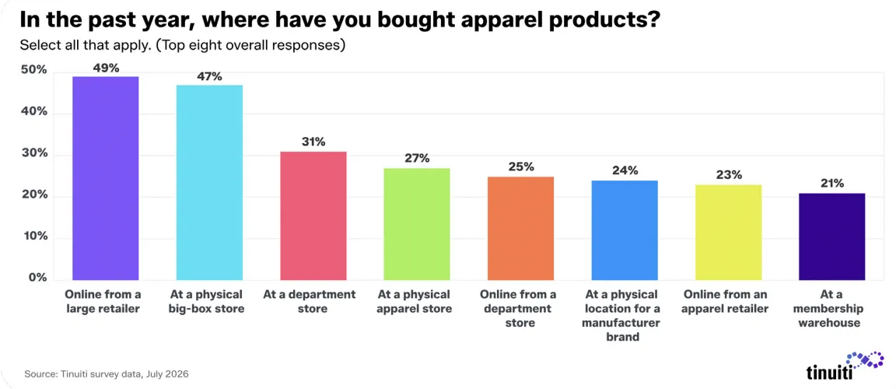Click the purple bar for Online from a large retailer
coord(106,178)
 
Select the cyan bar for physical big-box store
coord(209,182)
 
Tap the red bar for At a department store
coord(313,216)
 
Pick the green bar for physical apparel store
coord(417,224)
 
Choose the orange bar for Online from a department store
coord(520,229)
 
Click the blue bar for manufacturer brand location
coord(625,230)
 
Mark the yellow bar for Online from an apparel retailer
coord(728,233)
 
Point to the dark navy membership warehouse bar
coord(832,237)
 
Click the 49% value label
coord(106,68)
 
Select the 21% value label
coord(832,184)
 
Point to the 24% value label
coord(625,171)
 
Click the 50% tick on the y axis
coord(33,71)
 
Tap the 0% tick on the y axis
coord(37,279)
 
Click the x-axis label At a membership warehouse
coord(832,309)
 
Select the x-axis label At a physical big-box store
coord(209,302)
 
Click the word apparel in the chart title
coord(487,22)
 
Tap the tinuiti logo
coord(845,366)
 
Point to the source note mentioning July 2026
coord(107,375)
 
